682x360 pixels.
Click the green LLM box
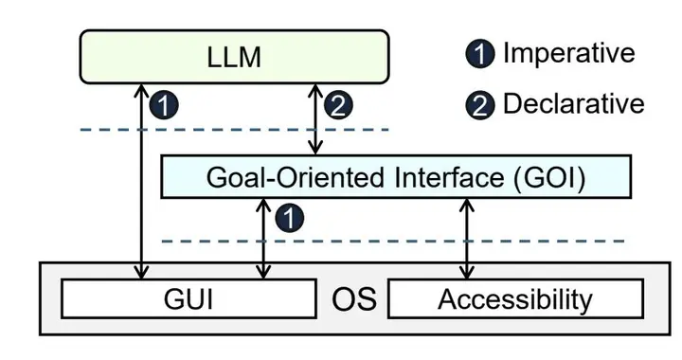pos(233,57)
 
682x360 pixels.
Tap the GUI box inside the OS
pos(187,301)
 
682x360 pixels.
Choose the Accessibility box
pos(514,301)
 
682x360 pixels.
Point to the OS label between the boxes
pos(353,301)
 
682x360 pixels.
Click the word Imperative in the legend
pos(568,53)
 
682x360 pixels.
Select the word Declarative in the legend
pos(573,103)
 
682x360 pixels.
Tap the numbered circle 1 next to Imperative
pos(483,54)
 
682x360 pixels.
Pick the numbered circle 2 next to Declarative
pos(483,104)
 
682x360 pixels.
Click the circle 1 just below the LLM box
pos(165,105)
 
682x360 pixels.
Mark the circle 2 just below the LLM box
pos(338,105)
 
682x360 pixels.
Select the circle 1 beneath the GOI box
pos(289,220)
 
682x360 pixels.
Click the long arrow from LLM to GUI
pos(142,189)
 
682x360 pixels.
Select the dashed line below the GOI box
pos(379,242)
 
